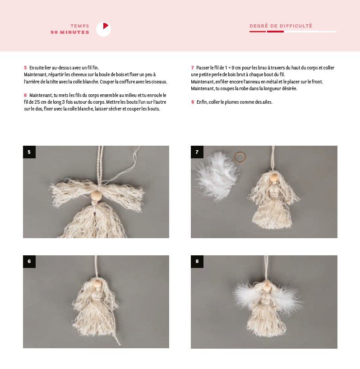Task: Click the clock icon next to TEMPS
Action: (x=103, y=29)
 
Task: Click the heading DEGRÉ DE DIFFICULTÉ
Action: (x=281, y=26)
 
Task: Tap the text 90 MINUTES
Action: (x=70, y=32)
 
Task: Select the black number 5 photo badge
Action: (x=29, y=152)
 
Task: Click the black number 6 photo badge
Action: (x=29, y=262)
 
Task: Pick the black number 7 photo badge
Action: (x=197, y=152)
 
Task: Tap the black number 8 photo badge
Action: (x=197, y=262)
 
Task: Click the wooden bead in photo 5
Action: (x=96, y=195)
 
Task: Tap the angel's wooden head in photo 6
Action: (x=97, y=284)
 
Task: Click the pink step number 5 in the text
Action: (x=25, y=68)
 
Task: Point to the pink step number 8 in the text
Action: (x=193, y=102)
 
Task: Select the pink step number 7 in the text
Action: (x=193, y=68)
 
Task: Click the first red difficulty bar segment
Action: (x=258, y=32)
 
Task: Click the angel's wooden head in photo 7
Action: (x=273, y=177)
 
